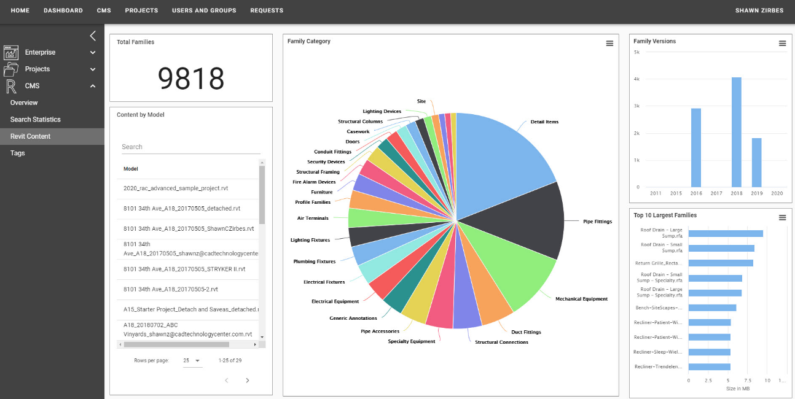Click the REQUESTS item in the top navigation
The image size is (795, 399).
[x=267, y=10]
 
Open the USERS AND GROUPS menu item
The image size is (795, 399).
[x=204, y=10]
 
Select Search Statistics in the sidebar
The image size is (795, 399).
[x=35, y=119]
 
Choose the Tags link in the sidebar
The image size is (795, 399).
[x=18, y=153]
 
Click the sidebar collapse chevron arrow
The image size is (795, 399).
[x=93, y=36]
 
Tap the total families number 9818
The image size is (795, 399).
[x=190, y=79]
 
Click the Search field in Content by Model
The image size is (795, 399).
[x=190, y=147]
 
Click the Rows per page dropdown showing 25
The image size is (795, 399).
[x=192, y=361]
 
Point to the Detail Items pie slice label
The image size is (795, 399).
[x=544, y=122]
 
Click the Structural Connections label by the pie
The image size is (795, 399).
[x=501, y=342]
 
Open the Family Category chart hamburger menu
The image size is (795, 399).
[x=609, y=43]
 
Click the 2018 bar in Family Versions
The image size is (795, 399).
[x=736, y=132]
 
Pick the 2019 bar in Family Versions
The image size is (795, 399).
[x=756, y=163]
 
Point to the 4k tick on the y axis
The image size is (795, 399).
[x=637, y=79]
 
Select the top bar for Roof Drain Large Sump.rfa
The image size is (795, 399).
[x=725, y=233]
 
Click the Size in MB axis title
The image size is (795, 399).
[x=737, y=389]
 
